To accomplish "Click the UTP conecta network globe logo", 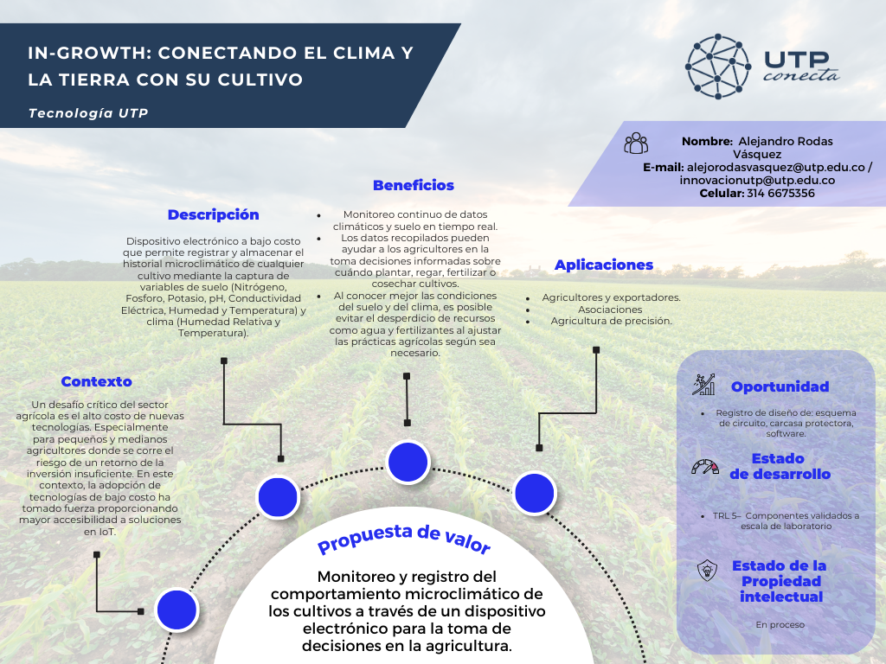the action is (x=717, y=66).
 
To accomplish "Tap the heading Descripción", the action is (x=213, y=214).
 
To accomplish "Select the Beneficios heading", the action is (x=413, y=185).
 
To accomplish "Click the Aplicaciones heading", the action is (x=603, y=265).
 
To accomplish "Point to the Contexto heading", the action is (x=96, y=381).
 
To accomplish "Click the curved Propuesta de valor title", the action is (x=403, y=539).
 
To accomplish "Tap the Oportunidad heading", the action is (x=780, y=386).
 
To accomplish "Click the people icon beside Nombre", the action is (x=636, y=143).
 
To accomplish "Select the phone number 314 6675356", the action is (x=781, y=193).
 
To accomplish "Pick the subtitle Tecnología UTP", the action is (x=88, y=113).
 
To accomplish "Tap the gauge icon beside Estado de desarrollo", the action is (x=704, y=467).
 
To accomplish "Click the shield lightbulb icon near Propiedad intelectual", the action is (x=707, y=571).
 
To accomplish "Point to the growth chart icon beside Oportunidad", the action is (x=704, y=384).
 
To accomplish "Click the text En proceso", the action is (x=780, y=624).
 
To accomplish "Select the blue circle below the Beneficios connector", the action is (x=408, y=462).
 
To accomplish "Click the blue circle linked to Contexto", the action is (x=177, y=610).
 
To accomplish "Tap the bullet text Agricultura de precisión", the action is (x=611, y=321).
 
